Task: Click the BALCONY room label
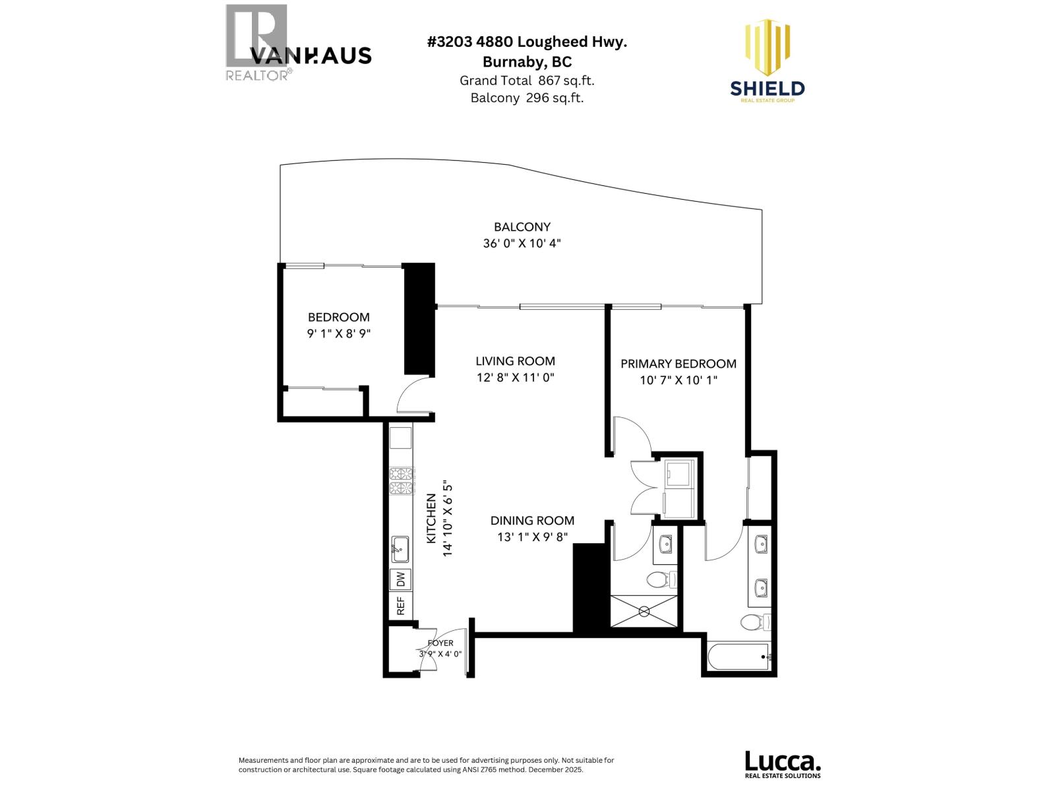click(x=522, y=227)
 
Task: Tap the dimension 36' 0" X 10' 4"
click(x=522, y=243)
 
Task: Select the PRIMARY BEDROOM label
click(x=678, y=364)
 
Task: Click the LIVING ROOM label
click(x=515, y=361)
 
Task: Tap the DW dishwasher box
click(x=400, y=579)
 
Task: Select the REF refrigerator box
click(x=400, y=606)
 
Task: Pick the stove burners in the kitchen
click(x=401, y=481)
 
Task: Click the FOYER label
click(x=440, y=643)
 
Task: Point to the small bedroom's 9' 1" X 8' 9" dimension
click(x=339, y=334)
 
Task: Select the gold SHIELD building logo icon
click(x=767, y=47)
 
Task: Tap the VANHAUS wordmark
click(x=311, y=56)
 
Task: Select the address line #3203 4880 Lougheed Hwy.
click(x=527, y=42)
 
